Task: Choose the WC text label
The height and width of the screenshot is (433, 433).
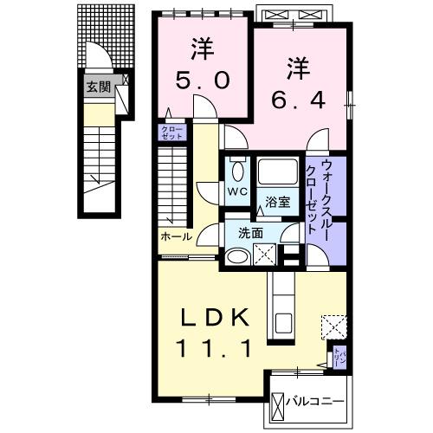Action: point(236,193)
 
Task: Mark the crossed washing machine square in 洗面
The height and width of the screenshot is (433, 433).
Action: point(267,255)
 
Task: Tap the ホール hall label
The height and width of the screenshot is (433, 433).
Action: point(176,236)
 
